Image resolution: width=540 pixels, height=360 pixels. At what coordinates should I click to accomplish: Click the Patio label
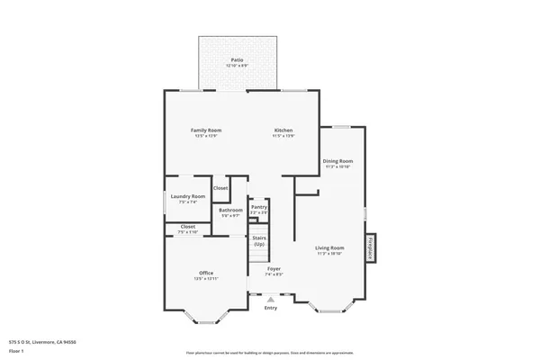click(237, 61)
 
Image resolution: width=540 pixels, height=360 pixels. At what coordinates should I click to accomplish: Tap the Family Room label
click(206, 132)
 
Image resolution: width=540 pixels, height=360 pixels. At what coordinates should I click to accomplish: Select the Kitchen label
click(283, 132)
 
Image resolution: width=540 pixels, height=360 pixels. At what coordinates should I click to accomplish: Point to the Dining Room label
click(337, 163)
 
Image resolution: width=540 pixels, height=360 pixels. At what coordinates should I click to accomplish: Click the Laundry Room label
click(187, 198)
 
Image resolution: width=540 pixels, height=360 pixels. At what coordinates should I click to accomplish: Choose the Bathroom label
click(230, 212)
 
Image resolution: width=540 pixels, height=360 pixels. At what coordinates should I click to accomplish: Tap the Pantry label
click(259, 209)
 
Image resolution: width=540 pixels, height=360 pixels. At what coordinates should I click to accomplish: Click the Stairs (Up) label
click(259, 241)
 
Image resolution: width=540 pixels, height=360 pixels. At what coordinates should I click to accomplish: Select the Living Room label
click(329, 249)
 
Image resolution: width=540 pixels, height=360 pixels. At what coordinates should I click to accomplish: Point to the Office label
click(206, 274)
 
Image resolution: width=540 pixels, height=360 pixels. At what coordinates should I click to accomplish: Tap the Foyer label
click(274, 271)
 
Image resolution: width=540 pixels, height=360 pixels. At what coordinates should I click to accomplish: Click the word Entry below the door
click(270, 309)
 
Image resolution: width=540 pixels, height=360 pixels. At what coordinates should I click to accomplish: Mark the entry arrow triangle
click(270, 300)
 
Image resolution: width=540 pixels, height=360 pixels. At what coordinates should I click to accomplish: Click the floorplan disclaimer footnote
click(269, 352)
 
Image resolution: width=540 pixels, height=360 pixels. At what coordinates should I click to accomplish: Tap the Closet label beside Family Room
click(220, 188)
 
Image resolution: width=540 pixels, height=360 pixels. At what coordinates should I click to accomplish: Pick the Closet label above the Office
click(187, 229)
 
